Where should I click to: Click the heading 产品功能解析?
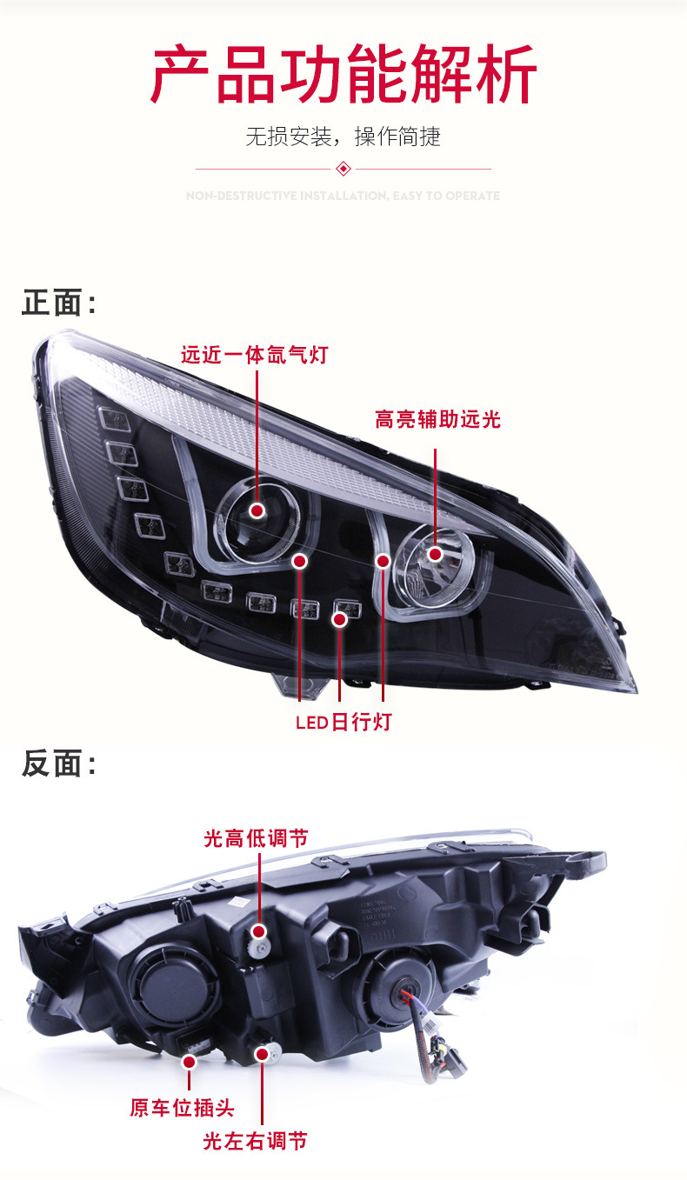(343, 77)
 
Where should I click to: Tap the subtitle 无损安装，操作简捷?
(343, 137)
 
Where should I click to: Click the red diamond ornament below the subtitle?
(343, 169)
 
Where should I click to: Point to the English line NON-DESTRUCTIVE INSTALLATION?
(343, 196)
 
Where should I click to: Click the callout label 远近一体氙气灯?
(254, 355)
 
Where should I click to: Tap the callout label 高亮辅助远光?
(437, 420)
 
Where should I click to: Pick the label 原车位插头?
(182, 1108)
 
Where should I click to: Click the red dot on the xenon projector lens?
(258, 510)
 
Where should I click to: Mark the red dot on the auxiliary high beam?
(435, 553)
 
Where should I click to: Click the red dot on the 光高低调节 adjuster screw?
(258, 931)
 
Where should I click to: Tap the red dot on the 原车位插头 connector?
(189, 1061)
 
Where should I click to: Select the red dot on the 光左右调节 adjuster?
(261, 1054)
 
